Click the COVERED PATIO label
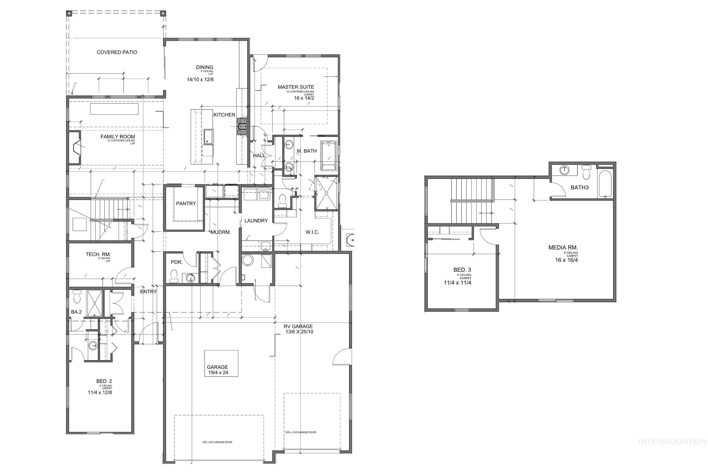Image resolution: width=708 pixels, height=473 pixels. point(117,53)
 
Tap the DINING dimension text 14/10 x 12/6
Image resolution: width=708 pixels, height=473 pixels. point(200,80)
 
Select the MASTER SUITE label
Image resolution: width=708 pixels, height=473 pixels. point(296,87)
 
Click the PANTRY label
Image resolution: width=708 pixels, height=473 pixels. point(186,203)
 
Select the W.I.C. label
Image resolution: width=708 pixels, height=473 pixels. point(312,232)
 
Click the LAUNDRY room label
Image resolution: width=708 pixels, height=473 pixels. point(256,221)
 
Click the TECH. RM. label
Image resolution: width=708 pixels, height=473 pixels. point(98,255)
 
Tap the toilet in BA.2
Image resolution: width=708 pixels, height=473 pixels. point(77,297)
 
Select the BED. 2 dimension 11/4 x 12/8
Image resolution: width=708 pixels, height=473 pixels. point(100,393)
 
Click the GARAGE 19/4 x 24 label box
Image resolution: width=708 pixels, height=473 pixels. point(221,363)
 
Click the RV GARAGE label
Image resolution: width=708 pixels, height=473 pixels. point(298,327)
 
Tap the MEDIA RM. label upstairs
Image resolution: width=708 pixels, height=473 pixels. point(563,248)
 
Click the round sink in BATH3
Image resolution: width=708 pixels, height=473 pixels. point(564,170)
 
